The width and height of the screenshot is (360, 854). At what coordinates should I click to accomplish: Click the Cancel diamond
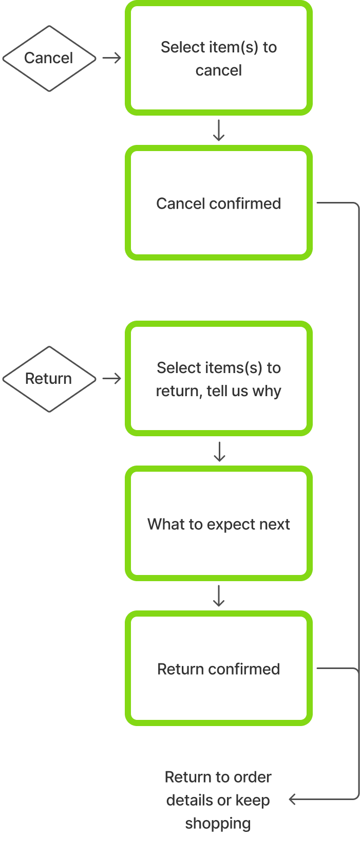tap(49, 58)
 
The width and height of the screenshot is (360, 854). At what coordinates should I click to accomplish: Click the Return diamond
tap(49, 379)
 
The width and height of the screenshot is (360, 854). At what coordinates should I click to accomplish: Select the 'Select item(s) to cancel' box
tap(219, 58)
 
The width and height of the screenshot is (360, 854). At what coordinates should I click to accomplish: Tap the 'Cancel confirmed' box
tap(219, 203)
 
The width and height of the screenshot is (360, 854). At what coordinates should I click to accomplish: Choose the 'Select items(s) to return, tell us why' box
tap(219, 379)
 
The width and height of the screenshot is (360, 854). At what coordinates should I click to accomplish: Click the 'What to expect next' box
tap(219, 524)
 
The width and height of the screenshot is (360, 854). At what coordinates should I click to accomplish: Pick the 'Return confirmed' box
tap(219, 669)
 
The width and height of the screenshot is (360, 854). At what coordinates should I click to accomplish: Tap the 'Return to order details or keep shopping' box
tap(218, 800)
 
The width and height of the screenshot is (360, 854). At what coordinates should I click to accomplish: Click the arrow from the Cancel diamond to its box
tap(111, 58)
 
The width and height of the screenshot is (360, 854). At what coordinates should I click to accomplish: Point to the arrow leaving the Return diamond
tap(111, 379)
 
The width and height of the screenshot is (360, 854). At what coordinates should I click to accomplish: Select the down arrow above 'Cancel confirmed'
tap(219, 131)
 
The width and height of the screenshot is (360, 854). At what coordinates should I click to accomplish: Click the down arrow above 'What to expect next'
tap(219, 451)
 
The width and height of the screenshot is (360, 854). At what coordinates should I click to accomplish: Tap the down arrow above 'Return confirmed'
tap(219, 596)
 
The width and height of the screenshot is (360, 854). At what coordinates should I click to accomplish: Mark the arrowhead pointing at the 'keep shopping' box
tap(293, 799)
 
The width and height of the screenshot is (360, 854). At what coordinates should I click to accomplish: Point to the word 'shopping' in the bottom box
tap(218, 823)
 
